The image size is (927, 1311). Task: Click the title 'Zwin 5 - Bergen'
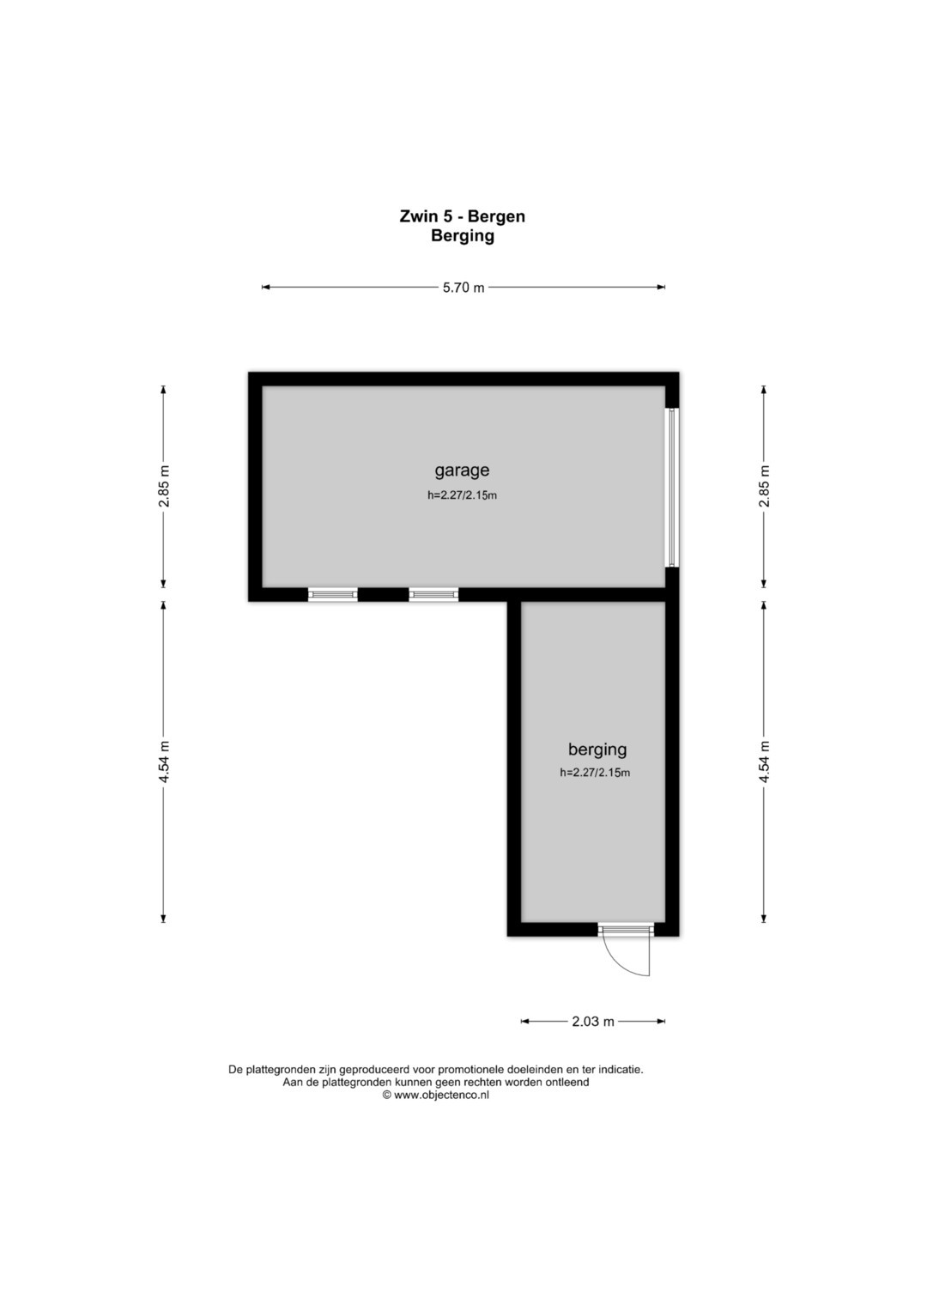[x=463, y=216]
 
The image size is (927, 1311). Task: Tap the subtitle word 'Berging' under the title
[x=463, y=236]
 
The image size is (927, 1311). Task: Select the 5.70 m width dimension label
[x=463, y=288]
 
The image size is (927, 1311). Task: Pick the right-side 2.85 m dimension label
[x=764, y=486]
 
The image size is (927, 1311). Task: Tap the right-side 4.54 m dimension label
[x=764, y=762]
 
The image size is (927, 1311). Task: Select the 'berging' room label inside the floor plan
[x=597, y=750]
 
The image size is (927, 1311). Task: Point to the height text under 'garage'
[x=462, y=495]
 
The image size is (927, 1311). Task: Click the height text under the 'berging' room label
[x=595, y=773]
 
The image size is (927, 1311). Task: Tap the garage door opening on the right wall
[x=672, y=487]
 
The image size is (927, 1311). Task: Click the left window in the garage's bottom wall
[x=332, y=595]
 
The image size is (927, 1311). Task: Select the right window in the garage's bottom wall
[x=433, y=595]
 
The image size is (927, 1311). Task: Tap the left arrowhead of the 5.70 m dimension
[x=266, y=288]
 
